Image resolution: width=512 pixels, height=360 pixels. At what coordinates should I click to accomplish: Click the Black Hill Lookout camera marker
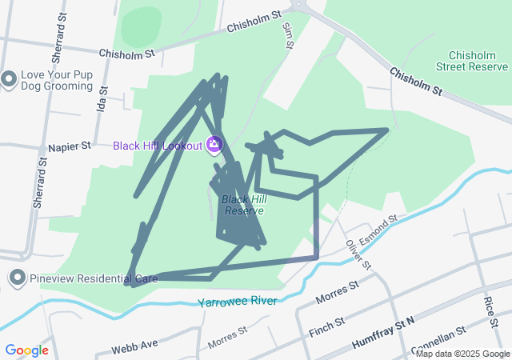[214, 145]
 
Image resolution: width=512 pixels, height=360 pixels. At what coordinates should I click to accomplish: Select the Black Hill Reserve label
[243, 205]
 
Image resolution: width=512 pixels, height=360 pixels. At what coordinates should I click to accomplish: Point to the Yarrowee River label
[237, 302]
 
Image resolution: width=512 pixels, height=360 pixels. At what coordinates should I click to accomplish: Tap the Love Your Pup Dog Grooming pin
[9, 78]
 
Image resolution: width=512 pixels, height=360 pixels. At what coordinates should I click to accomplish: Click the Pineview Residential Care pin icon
[17, 278]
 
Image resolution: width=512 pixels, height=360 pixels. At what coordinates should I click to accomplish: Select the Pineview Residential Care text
[94, 278]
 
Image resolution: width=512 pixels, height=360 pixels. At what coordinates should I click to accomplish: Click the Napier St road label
[70, 147]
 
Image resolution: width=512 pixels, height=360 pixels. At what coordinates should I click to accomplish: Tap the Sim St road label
[288, 36]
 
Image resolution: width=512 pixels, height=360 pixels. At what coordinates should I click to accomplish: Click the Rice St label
[490, 307]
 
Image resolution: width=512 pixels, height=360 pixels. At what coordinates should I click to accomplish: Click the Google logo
[26, 350]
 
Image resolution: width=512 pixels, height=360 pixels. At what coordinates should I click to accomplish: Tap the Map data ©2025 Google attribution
[462, 354]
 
